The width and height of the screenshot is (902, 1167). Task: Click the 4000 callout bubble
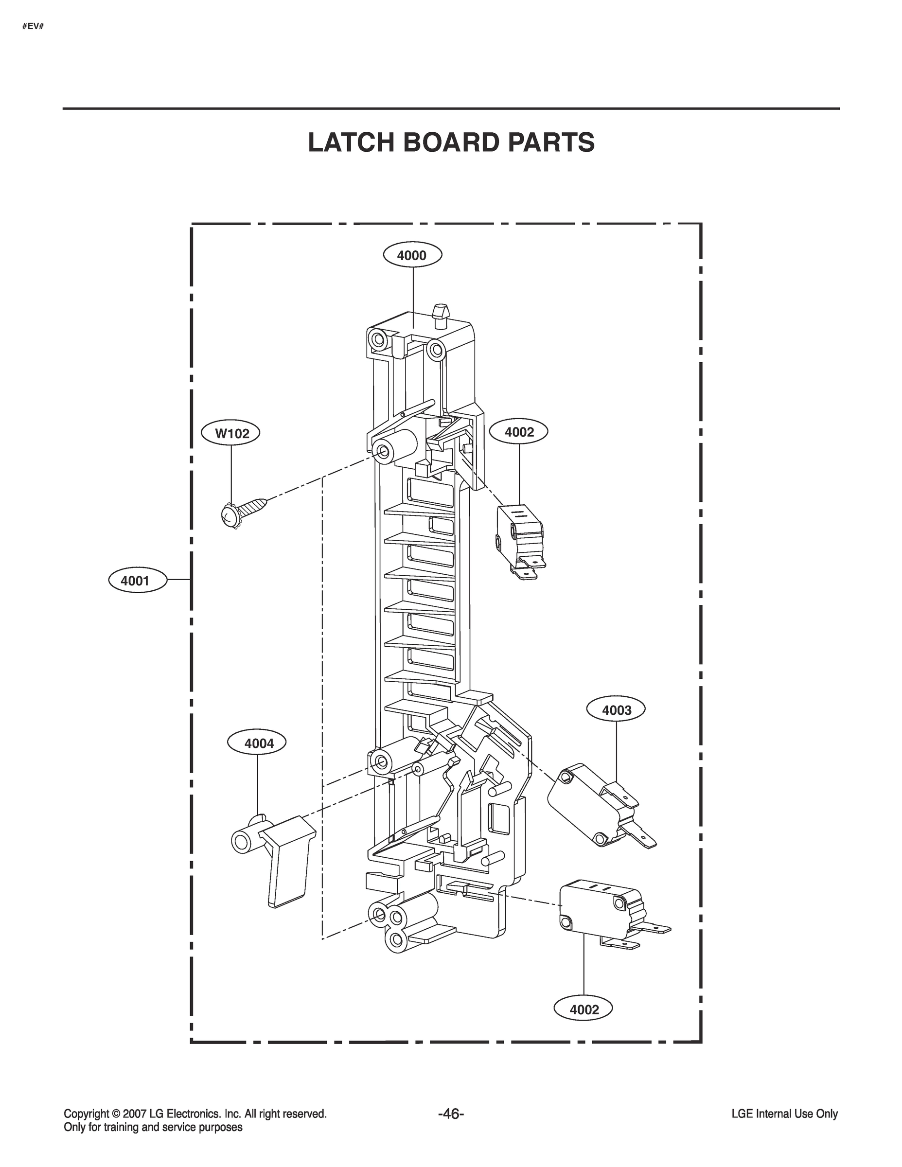point(412,255)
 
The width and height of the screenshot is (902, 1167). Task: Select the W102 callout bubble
point(231,433)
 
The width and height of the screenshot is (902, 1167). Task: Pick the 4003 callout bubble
point(616,710)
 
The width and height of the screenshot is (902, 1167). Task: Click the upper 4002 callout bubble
point(519,432)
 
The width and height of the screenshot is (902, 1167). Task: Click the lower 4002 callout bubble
point(584,1009)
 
